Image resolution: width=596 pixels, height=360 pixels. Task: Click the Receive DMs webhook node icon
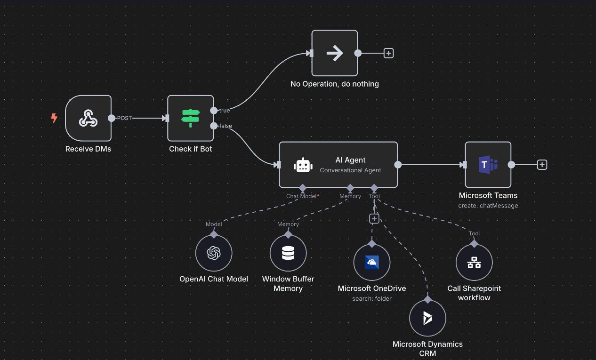pos(88,118)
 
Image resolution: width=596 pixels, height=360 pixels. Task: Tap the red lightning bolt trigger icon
pos(54,118)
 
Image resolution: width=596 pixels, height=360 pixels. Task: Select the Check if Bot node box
pos(190,118)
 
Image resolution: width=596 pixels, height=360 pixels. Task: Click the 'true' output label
pos(225,111)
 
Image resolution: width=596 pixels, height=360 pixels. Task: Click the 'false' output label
pos(226,126)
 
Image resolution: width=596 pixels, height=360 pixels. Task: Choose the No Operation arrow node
pos(334,53)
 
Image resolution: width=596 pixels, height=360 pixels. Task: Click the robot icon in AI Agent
pos(303,165)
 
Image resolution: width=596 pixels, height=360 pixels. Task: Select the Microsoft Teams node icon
pos(488,165)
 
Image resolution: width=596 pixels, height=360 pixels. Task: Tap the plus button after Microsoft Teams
pos(542,165)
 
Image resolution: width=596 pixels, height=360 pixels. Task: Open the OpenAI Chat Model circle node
pos(214,253)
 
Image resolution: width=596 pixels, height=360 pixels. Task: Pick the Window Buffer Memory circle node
pos(288,253)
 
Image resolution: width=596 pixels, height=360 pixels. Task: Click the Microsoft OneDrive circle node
pos(371,262)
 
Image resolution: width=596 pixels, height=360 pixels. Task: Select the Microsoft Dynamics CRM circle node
pos(427,318)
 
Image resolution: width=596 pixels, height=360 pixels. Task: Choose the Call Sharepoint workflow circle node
pos(474,263)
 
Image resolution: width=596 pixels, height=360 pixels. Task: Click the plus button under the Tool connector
pos(374,219)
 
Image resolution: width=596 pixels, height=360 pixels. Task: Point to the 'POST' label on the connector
pos(124,118)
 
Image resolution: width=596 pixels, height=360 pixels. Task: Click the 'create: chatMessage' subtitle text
pos(488,206)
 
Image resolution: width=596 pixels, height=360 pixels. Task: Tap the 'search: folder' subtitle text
pos(371,299)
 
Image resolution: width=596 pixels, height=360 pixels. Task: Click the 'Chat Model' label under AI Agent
pos(301,196)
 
